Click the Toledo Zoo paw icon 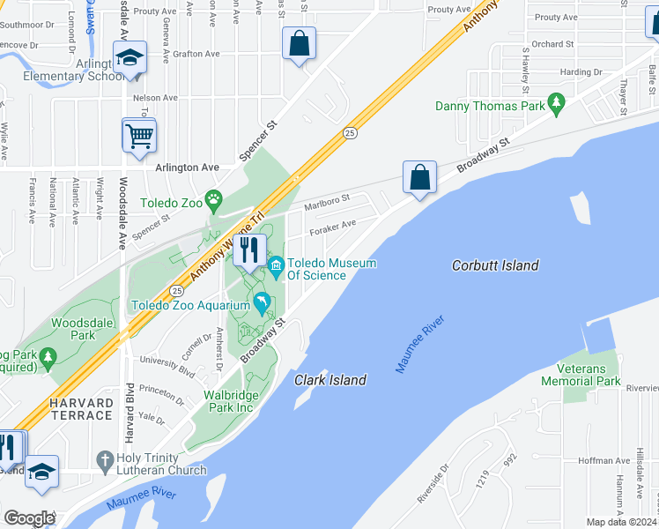click(x=213, y=198)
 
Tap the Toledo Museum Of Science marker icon click(x=277, y=264)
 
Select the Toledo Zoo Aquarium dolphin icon click(x=263, y=305)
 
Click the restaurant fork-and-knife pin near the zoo click(x=249, y=250)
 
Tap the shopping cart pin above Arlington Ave click(x=139, y=137)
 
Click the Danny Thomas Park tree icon click(x=556, y=106)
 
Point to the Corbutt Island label click(x=495, y=265)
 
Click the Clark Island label click(x=330, y=380)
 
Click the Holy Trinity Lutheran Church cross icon click(x=105, y=460)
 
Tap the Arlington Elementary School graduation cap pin click(x=130, y=59)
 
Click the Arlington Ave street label click(x=187, y=167)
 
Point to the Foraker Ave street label click(x=331, y=227)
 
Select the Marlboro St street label click(x=327, y=203)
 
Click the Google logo click(x=29, y=518)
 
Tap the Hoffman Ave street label click(x=601, y=460)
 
